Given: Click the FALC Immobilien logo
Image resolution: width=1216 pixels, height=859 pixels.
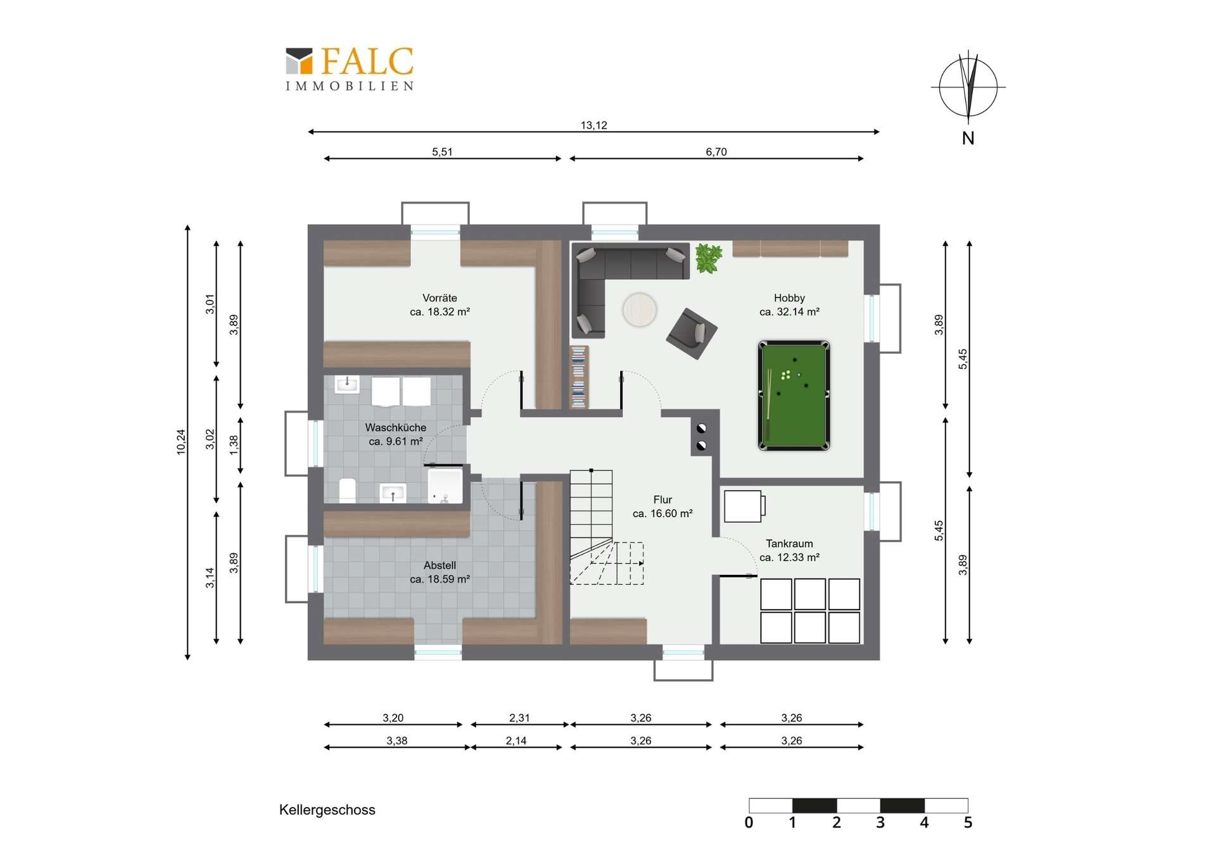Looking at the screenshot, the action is click(350, 69).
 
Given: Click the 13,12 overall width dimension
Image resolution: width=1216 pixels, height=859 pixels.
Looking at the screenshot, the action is click(593, 125).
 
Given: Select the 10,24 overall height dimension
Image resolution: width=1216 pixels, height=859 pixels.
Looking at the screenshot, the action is click(181, 442).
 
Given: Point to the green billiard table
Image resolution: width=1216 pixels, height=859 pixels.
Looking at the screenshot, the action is click(794, 396).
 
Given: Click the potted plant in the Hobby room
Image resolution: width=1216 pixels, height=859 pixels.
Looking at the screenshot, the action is click(709, 258).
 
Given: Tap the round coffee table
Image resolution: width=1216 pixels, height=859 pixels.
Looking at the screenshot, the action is click(639, 310).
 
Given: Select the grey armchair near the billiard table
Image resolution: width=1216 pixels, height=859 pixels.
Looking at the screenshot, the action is click(692, 333).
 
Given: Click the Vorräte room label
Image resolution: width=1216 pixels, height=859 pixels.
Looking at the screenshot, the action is click(440, 304).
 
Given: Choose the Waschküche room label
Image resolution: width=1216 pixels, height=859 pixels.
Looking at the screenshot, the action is click(396, 434).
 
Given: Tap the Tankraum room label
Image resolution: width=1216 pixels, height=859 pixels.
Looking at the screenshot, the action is click(789, 550).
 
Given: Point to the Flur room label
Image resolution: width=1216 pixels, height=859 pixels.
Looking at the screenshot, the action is click(662, 506).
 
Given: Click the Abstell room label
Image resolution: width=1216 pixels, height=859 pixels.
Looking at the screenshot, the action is click(440, 572).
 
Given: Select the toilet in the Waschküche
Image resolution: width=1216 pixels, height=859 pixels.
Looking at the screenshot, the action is click(347, 491).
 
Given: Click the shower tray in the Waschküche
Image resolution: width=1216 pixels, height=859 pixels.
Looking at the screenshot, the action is click(445, 486).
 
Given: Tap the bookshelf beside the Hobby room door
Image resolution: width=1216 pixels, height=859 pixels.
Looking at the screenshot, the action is click(579, 377).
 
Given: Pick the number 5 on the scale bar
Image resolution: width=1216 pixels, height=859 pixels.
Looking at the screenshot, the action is click(968, 823).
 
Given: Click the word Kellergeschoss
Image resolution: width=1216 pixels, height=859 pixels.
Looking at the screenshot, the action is click(327, 810).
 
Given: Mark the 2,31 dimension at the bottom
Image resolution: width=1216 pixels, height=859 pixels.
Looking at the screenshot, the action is click(519, 718).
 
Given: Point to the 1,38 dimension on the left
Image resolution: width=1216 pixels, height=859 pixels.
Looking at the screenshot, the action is click(234, 445).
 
